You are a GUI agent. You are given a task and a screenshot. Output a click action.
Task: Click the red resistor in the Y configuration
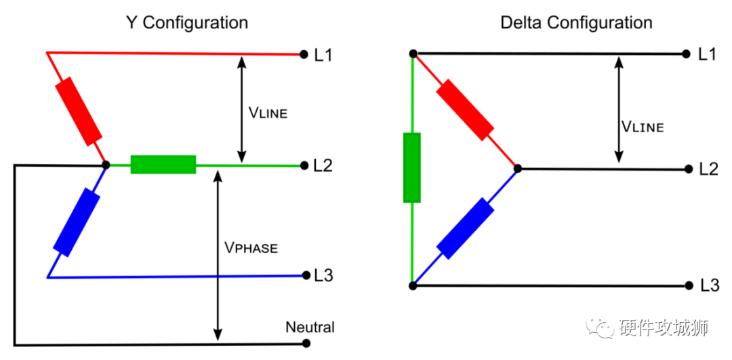(79, 111)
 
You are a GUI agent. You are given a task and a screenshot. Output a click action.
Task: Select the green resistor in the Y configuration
(163, 164)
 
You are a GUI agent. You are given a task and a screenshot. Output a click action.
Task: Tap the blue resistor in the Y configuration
(77, 222)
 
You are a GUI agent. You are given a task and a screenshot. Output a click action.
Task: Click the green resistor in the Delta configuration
(411, 168)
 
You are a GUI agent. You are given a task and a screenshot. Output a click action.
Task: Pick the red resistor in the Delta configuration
(465, 110)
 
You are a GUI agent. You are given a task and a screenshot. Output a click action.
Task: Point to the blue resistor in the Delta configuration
(465, 228)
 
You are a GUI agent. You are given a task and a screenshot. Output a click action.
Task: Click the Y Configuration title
(187, 22)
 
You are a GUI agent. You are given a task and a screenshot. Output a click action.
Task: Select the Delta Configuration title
(576, 22)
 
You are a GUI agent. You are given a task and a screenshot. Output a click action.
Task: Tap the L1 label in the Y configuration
(323, 55)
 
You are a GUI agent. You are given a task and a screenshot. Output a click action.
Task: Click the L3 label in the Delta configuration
(708, 285)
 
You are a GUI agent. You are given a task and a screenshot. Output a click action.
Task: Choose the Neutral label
(310, 327)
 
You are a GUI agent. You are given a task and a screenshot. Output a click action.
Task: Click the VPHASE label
(251, 247)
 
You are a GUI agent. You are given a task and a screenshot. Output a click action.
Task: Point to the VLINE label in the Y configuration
(268, 113)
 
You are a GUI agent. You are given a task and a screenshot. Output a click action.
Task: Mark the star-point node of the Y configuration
(105, 164)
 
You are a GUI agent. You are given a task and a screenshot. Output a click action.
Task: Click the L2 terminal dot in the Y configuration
(302, 165)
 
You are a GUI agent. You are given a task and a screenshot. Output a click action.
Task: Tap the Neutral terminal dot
(302, 344)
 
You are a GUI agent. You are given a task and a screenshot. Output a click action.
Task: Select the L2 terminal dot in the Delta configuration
(687, 169)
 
